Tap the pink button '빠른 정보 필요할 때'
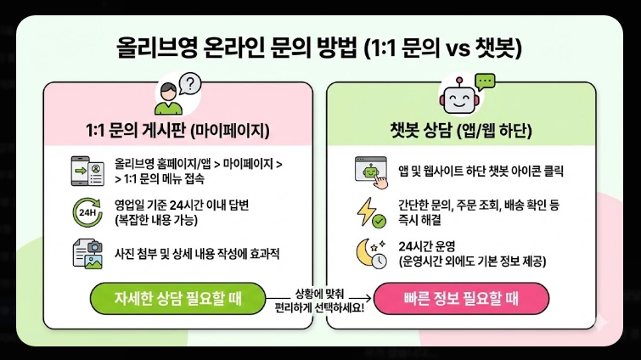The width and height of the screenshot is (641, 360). pos(462,299)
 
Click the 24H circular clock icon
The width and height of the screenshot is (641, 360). pos(87,211)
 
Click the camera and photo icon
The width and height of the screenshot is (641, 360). pos(87,253)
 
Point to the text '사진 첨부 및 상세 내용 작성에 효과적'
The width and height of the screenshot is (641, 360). pos(197,254)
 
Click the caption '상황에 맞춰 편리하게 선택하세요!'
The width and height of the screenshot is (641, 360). pos(319,299)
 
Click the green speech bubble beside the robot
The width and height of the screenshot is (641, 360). pos(485,82)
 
